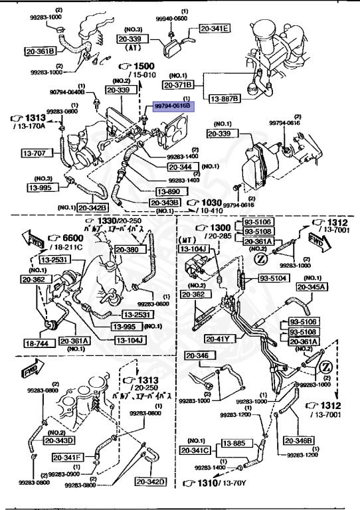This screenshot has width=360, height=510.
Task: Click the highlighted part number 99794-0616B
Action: (173, 106)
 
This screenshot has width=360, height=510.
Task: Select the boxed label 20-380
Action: (128, 250)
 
